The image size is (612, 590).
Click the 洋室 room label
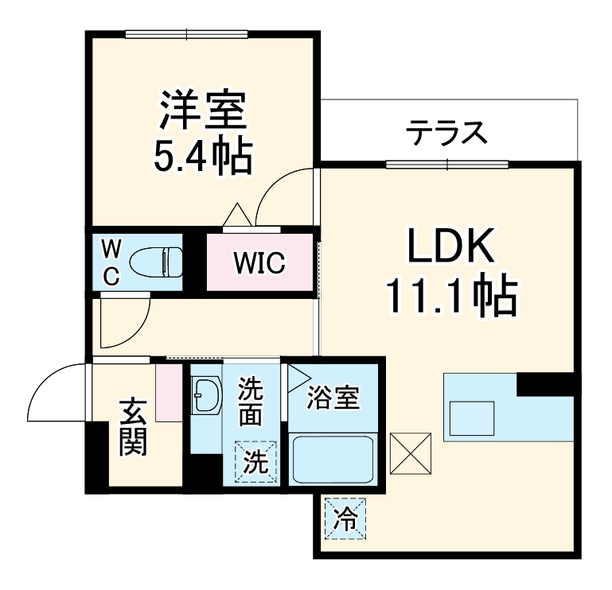(202, 111)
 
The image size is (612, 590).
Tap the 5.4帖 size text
(202, 156)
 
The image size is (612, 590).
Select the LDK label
(451, 249)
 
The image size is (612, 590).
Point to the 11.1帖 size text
(451, 296)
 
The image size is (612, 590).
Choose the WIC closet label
(259, 263)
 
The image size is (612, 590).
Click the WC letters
(112, 263)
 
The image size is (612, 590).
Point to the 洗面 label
(251, 402)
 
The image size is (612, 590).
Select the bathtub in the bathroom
(333, 459)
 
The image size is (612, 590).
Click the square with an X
(411, 453)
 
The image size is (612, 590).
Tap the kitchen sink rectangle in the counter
(472, 416)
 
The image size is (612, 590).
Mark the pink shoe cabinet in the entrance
(170, 392)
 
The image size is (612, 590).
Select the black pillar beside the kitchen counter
(545, 383)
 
